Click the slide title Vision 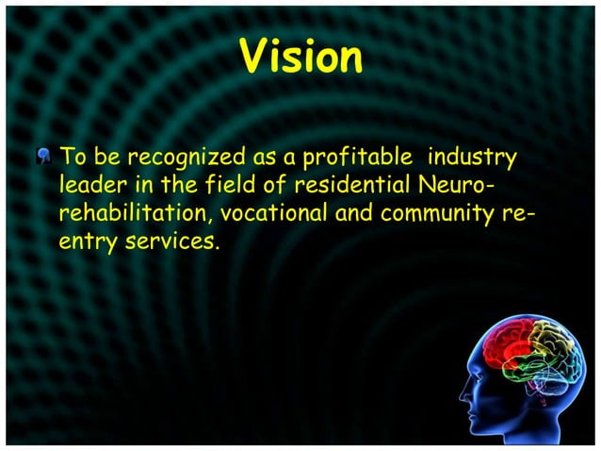pos(300,58)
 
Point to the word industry pos(478,155)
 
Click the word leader pos(89,184)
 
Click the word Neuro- pos(479,184)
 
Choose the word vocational pos(276,214)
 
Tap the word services pos(166,244)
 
